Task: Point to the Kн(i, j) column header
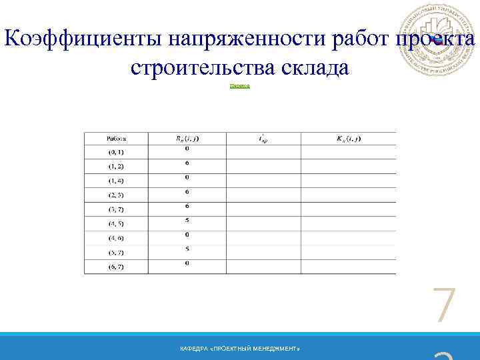[348, 139]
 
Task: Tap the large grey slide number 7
[443, 307]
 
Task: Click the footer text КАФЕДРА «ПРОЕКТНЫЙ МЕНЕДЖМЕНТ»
[240, 349]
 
